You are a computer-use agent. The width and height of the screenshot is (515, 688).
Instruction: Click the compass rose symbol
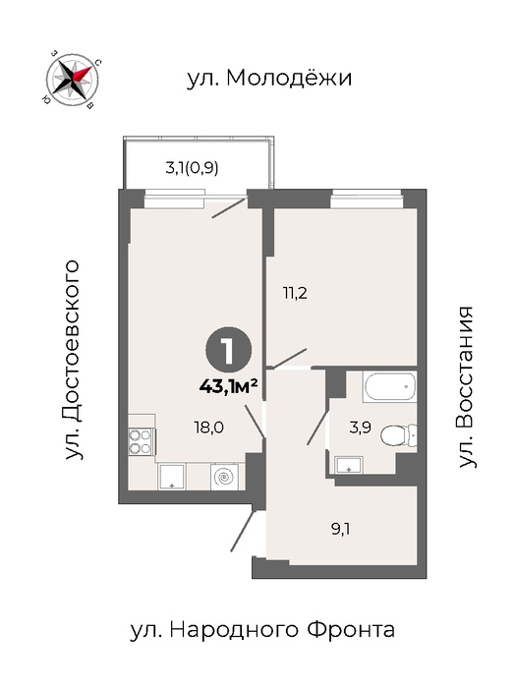pyautogui.click(x=73, y=79)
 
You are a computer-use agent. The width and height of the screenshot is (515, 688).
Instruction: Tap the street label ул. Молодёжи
pyautogui.click(x=269, y=78)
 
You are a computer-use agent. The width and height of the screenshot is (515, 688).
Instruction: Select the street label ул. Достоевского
pyautogui.click(x=73, y=360)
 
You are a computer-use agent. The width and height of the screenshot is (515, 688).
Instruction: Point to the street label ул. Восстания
pyautogui.click(x=466, y=387)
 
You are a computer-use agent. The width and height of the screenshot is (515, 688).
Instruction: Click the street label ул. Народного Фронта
pyautogui.click(x=262, y=631)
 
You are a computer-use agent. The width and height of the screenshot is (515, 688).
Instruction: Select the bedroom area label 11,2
pyautogui.click(x=295, y=293)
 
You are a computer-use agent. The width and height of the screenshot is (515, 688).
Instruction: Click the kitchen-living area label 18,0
pyautogui.click(x=208, y=427)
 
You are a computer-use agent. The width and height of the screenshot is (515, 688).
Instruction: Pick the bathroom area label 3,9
pyautogui.click(x=361, y=428)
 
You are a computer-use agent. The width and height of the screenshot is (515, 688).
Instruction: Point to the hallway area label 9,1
pyautogui.click(x=340, y=530)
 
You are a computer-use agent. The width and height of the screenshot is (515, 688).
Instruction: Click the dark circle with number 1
pyautogui.click(x=229, y=350)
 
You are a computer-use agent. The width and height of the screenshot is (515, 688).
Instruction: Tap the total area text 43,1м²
pyautogui.click(x=228, y=387)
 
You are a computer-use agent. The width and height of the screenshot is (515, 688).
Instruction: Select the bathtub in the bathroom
pyautogui.click(x=389, y=386)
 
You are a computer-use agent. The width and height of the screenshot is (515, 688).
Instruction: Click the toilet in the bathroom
pyautogui.click(x=398, y=435)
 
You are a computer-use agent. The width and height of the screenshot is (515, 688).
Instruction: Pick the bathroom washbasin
pyautogui.click(x=349, y=465)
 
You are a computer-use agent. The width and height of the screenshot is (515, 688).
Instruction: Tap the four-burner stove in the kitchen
pyautogui.click(x=140, y=441)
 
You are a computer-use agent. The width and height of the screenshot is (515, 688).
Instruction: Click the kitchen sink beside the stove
pyautogui.click(x=172, y=477)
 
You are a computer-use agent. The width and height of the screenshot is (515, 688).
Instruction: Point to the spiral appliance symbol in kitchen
pyautogui.click(x=225, y=477)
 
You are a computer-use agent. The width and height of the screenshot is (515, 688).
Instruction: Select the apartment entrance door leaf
pyautogui.click(x=243, y=531)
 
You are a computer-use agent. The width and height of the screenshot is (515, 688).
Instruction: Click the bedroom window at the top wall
pyautogui.click(x=367, y=198)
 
